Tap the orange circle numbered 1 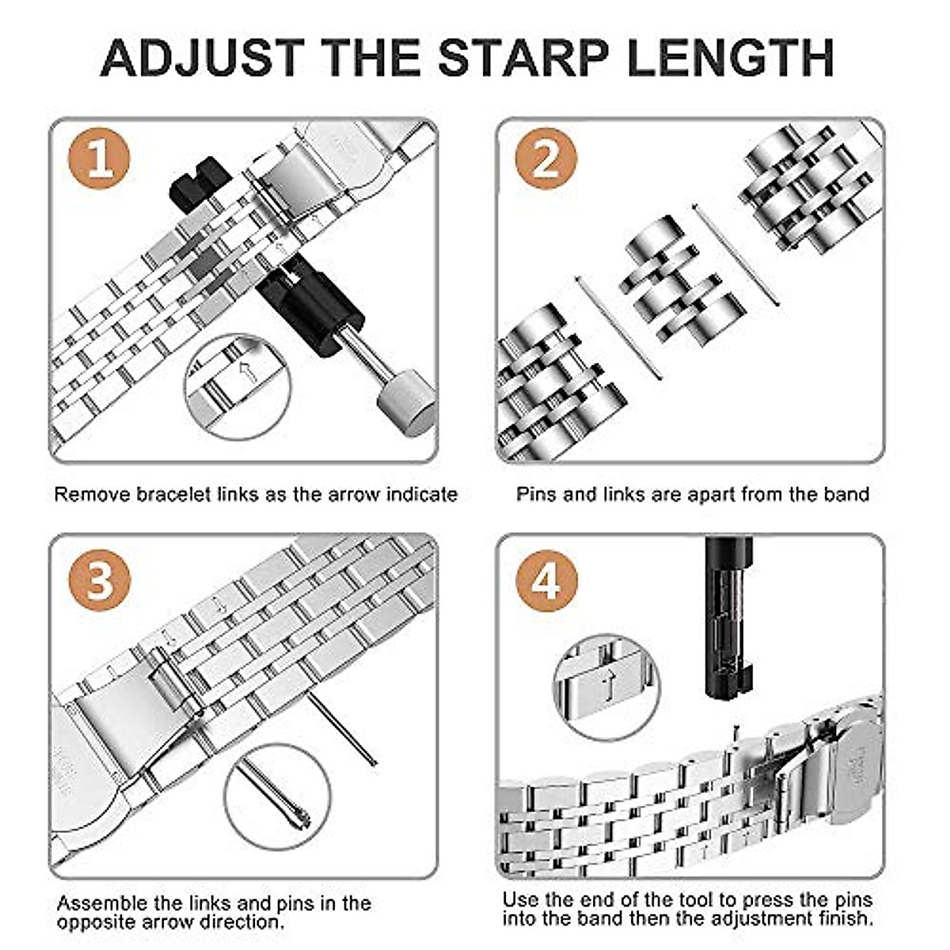click(99, 161)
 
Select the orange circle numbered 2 click(545, 161)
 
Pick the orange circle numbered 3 click(99, 581)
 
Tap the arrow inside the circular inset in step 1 click(247, 372)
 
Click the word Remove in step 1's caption click(92, 495)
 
